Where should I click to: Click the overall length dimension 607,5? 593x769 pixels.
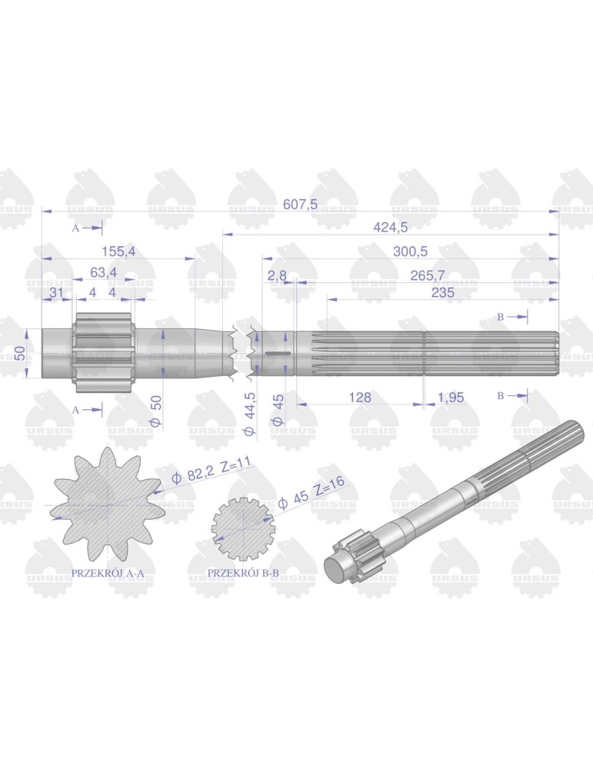click(300, 204)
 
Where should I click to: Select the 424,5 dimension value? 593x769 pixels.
click(391, 227)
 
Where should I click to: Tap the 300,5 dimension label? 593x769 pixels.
click(410, 251)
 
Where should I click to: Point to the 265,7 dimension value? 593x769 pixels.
click(427, 275)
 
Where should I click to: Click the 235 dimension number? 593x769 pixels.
click(442, 293)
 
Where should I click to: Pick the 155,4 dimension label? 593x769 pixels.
click(118, 251)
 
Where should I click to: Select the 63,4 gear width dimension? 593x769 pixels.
click(104, 272)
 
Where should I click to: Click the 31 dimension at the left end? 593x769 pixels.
click(56, 293)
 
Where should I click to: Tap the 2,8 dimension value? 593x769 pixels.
click(277, 275)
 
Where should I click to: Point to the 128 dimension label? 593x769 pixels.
click(359, 398)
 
